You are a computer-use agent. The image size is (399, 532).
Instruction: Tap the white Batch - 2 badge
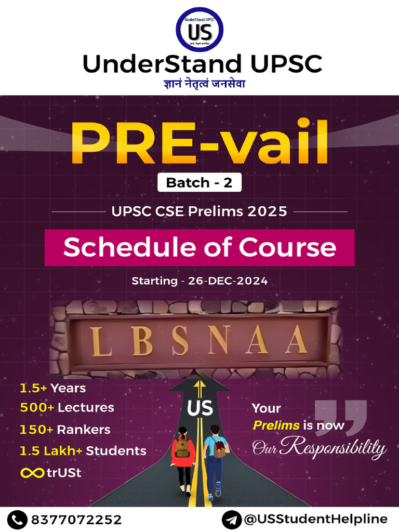199,182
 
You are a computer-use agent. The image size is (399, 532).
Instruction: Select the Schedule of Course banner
199,248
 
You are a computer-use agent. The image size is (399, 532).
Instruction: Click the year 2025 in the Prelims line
267,211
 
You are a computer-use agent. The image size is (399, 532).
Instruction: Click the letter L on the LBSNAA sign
101,341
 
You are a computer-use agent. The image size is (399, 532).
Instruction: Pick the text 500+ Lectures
67,407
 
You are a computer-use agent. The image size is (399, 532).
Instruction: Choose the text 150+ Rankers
65,430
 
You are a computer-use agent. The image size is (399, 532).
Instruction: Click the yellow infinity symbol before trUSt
31,473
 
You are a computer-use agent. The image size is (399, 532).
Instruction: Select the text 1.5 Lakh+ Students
83,451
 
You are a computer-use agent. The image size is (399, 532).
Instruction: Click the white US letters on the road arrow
200,408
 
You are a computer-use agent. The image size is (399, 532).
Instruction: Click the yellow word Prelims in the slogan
276,425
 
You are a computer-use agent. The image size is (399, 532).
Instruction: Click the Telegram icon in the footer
231,519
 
